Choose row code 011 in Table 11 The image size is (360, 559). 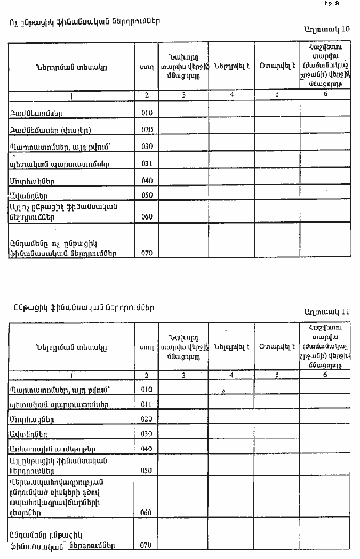click(x=147, y=404)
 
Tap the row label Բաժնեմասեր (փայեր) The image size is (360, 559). click(x=44, y=130)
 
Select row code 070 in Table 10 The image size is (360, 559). click(x=147, y=253)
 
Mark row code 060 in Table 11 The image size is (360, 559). click(x=146, y=513)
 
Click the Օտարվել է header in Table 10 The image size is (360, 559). click(x=277, y=66)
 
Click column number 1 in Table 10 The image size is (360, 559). click(x=71, y=96)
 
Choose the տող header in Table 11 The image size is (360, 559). click(x=146, y=347)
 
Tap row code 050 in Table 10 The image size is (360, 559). click(x=147, y=196)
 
